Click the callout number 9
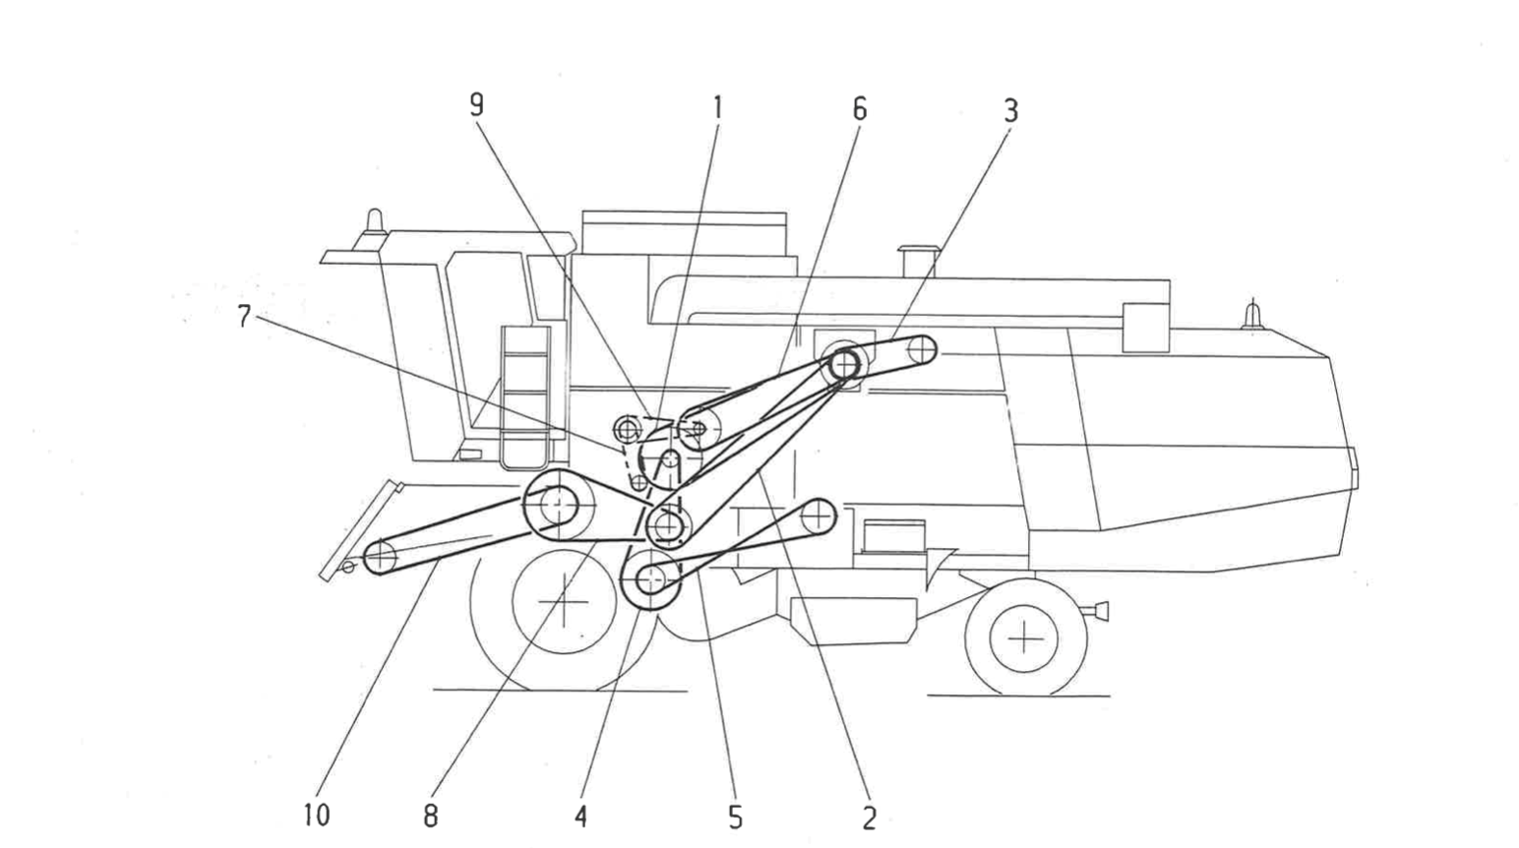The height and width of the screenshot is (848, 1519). pyautogui.click(x=477, y=105)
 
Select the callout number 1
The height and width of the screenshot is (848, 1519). pyautogui.click(x=717, y=106)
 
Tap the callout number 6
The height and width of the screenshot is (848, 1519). pyautogui.click(x=860, y=108)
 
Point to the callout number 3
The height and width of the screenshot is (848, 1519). pyautogui.click(x=1010, y=110)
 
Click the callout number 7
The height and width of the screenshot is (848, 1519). pyautogui.click(x=243, y=317)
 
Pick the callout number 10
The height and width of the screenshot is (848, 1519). pyautogui.click(x=317, y=816)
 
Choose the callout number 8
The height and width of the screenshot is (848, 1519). pyautogui.click(x=430, y=816)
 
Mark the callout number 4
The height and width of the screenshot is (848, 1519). pyautogui.click(x=581, y=817)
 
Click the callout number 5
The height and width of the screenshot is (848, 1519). pyautogui.click(x=734, y=818)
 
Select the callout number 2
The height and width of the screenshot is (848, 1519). pyautogui.click(x=868, y=818)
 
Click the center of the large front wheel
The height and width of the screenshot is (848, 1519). pyautogui.click(x=564, y=601)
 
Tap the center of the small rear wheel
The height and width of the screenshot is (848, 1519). pyautogui.click(x=1025, y=639)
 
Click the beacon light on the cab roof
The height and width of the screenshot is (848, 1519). pyautogui.click(x=374, y=221)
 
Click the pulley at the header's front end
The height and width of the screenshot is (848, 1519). pyautogui.click(x=379, y=558)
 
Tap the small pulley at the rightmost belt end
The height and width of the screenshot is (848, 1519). pyautogui.click(x=922, y=349)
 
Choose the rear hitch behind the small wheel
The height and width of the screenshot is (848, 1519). pyautogui.click(x=1098, y=611)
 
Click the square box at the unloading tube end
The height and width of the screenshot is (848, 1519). pyautogui.click(x=1144, y=327)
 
